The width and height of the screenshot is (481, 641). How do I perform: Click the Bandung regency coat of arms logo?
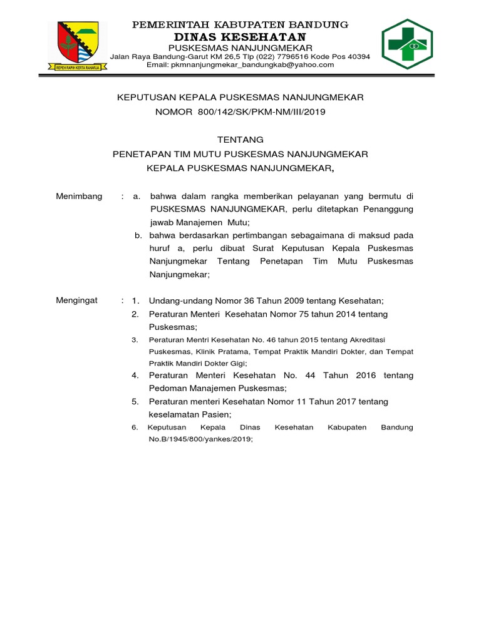[78, 46]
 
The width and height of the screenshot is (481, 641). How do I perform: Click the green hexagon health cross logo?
[408, 44]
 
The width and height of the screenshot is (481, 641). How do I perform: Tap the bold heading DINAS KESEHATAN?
[240, 37]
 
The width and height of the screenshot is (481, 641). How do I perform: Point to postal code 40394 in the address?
[358, 56]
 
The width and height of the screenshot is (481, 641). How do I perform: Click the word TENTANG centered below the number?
[240, 140]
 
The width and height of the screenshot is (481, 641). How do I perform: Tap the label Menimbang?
[79, 196]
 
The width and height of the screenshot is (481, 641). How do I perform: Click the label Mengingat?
[77, 300]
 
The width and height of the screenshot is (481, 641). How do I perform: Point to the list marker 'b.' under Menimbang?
[138, 235]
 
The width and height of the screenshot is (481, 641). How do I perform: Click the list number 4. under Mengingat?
[135, 375]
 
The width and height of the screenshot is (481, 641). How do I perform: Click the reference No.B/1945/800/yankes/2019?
[200, 439]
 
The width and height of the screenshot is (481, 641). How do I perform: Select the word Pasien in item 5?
[216, 414]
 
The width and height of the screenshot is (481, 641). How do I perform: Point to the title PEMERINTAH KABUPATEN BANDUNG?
[240, 24]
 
